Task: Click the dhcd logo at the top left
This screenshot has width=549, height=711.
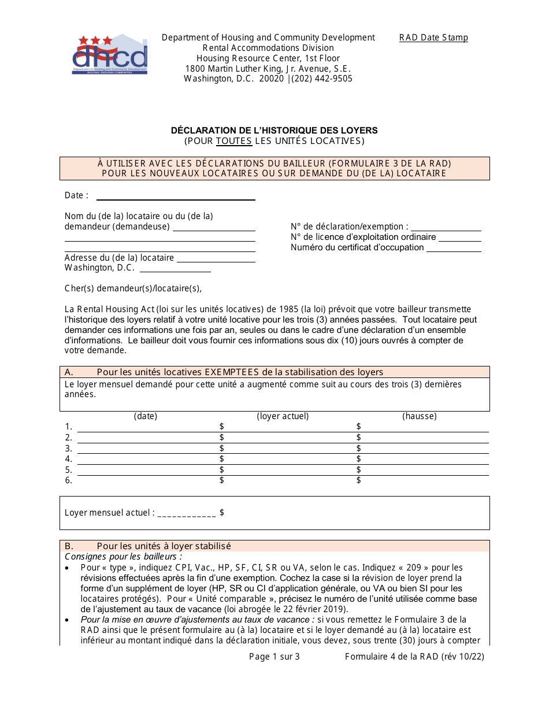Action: [110, 54]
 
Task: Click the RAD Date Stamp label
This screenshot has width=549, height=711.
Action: [433, 38]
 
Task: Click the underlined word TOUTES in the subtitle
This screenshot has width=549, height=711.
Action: [234, 141]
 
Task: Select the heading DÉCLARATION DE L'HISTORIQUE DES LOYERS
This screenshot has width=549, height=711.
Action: [274, 130]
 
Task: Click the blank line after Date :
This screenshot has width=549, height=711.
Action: [176, 197]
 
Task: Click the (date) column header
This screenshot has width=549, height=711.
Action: [146, 416]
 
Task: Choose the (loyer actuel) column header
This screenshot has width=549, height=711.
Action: [283, 416]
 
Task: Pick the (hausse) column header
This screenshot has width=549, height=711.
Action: [420, 416]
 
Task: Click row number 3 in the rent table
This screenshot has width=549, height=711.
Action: [68, 449]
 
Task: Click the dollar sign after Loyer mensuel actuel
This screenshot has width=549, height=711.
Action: [222, 513]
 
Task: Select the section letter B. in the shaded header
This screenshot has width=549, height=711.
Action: [69, 546]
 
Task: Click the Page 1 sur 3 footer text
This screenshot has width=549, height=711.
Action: [274, 657]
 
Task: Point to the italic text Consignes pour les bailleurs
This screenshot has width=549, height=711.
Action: [123, 557]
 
